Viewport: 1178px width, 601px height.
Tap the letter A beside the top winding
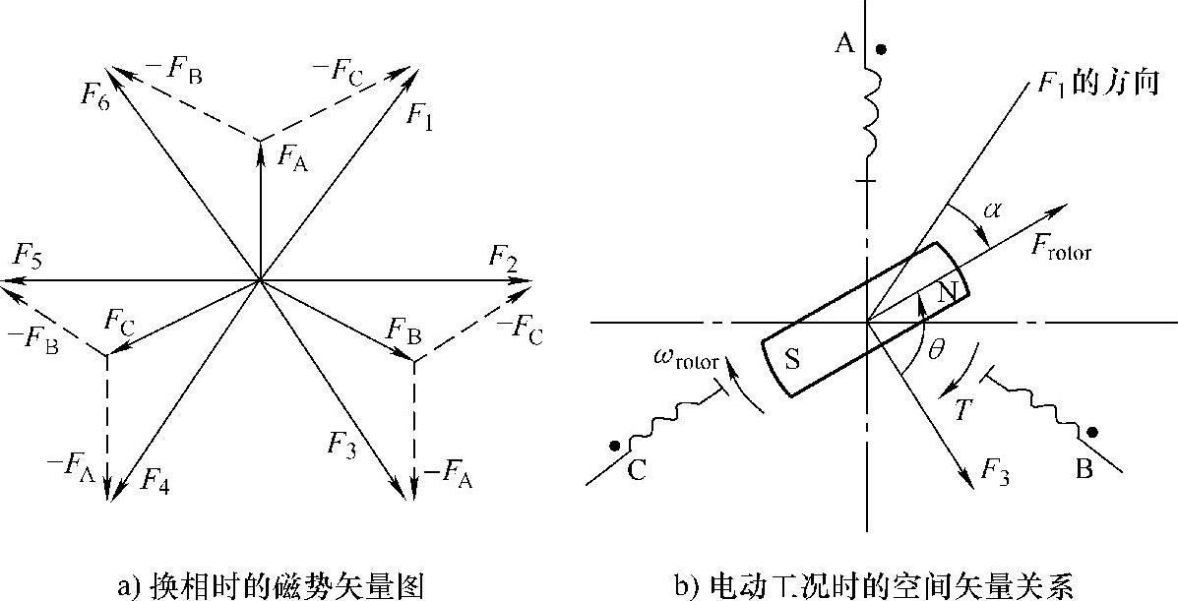[x=843, y=44]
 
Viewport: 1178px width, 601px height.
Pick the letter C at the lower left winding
[x=637, y=471]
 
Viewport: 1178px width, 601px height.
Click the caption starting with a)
[x=272, y=587]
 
